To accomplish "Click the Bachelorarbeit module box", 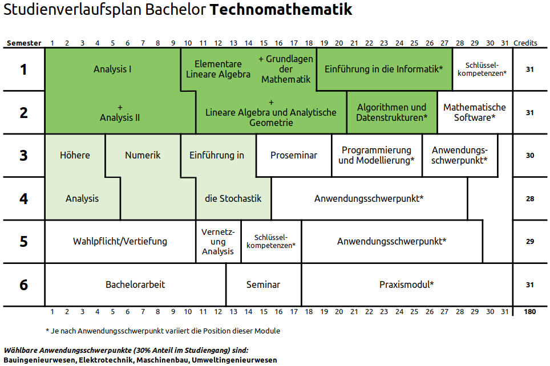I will [135, 284].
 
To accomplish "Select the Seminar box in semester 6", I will [263, 284].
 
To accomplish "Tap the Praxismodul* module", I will [406, 284].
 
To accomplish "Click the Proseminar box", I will [293, 155].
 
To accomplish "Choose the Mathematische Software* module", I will [474, 112].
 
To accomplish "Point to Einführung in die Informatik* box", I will [384, 69].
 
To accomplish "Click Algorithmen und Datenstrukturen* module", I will [391, 112].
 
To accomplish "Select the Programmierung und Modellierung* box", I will [377, 155].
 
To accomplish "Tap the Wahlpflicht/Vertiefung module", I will [120, 241].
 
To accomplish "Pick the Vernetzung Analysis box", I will [218, 241].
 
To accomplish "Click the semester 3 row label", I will [23, 155].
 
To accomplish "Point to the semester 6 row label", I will [23, 284].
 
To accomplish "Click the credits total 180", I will [529, 312].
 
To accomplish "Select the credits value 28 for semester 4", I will [529, 198].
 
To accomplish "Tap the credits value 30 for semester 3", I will [529, 155].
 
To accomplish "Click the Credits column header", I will [525, 43].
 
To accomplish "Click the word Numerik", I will [143, 155].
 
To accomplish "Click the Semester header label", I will [24, 43].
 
